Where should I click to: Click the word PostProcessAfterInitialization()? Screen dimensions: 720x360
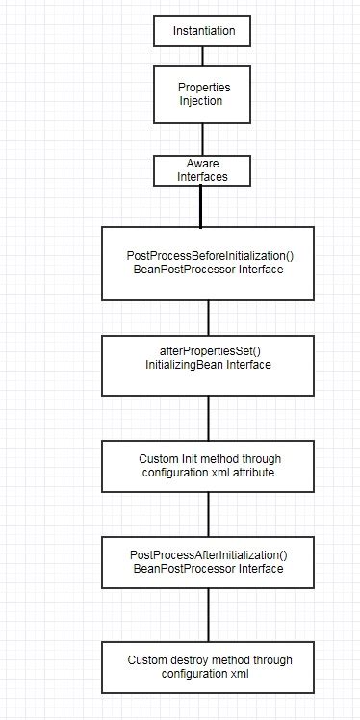[x=207, y=555]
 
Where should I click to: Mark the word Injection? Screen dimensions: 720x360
[x=200, y=101]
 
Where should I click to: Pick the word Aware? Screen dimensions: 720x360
[x=201, y=165]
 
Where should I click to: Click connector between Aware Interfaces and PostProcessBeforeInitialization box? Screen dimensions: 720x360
[x=200, y=206]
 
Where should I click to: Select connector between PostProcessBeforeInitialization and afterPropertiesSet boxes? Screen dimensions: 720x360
[x=207, y=316]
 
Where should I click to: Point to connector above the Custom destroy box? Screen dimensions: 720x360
[x=207, y=616]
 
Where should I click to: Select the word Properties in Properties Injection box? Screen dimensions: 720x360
[x=204, y=88]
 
